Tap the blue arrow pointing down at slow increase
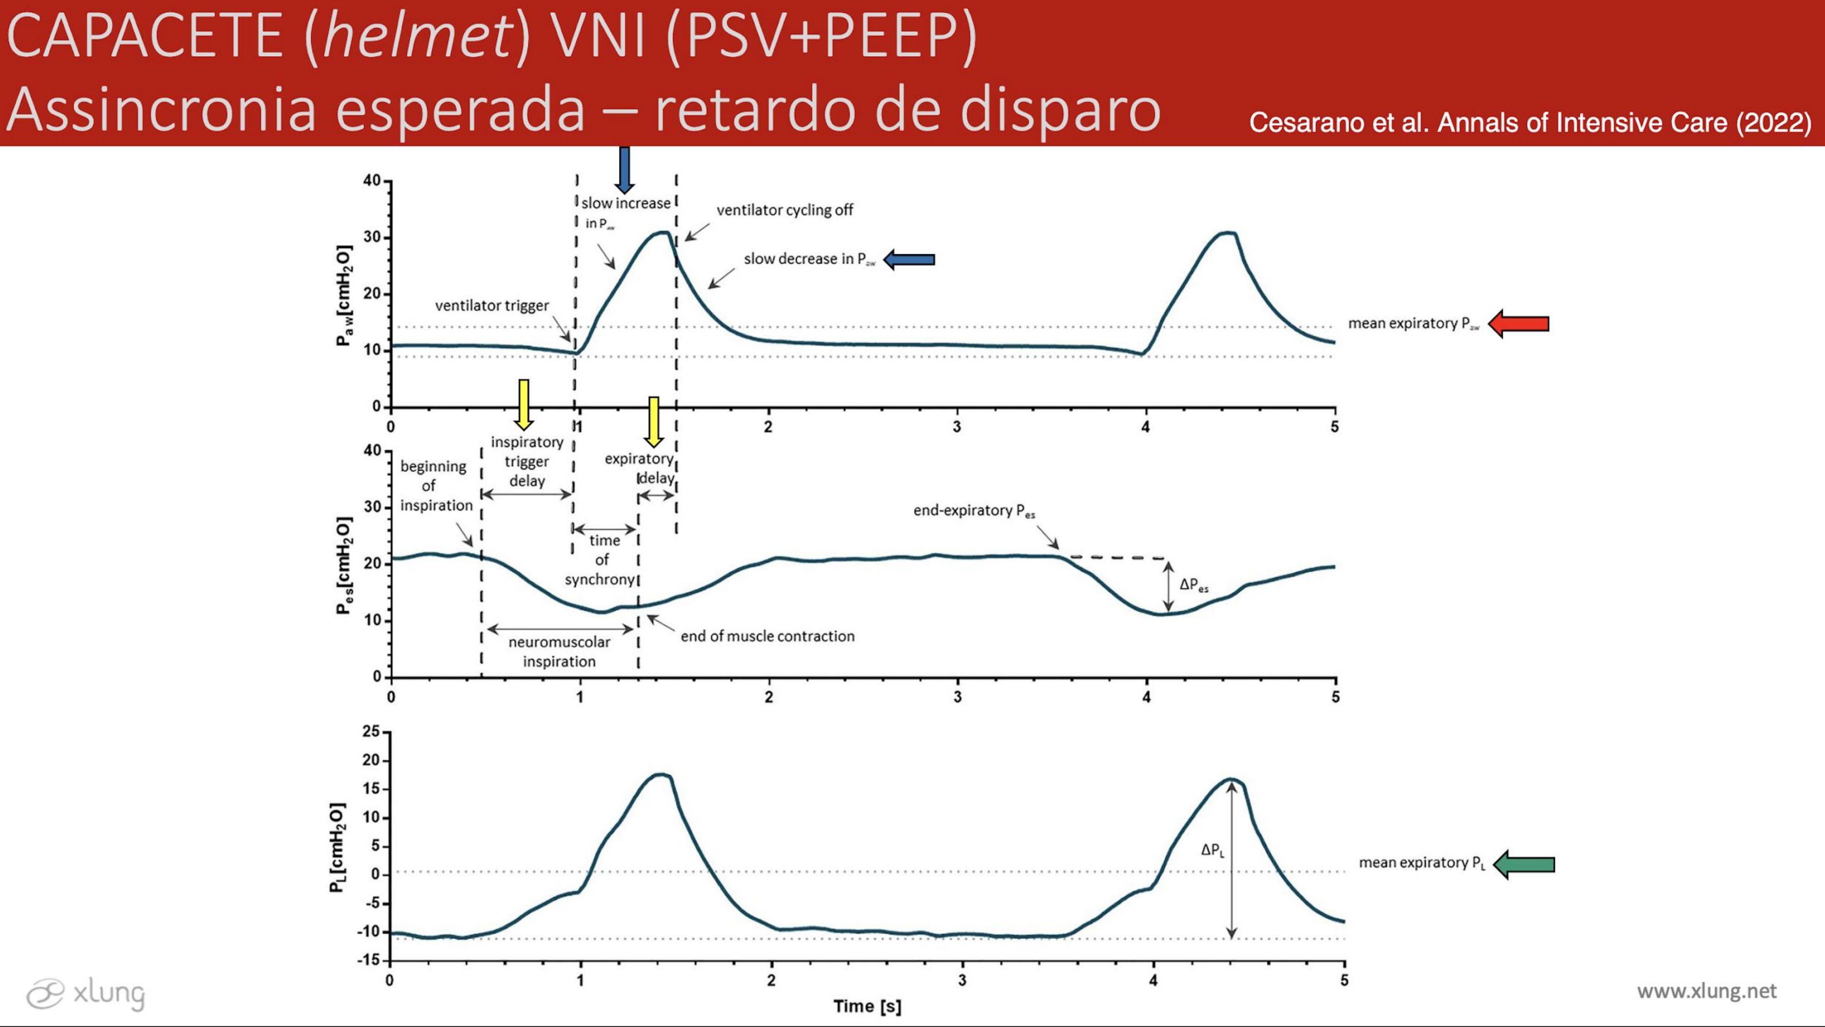tap(624, 169)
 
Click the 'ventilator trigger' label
tap(492, 305)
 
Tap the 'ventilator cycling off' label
tap(784, 210)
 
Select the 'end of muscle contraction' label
tap(767, 636)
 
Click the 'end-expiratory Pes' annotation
tap(974, 510)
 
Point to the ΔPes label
tap(1194, 586)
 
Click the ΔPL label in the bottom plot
tap(1212, 850)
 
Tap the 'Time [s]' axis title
tap(867, 1006)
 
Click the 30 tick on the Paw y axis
tap(372, 237)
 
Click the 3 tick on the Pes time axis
tap(958, 697)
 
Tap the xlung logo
tap(85, 993)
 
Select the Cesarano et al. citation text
tap(1529, 123)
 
